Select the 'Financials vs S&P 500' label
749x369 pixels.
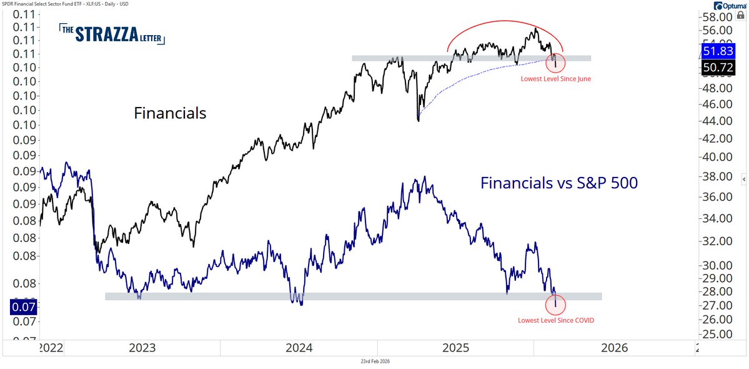point(558,183)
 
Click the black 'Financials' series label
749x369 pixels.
point(170,113)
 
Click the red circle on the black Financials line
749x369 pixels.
point(555,63)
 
